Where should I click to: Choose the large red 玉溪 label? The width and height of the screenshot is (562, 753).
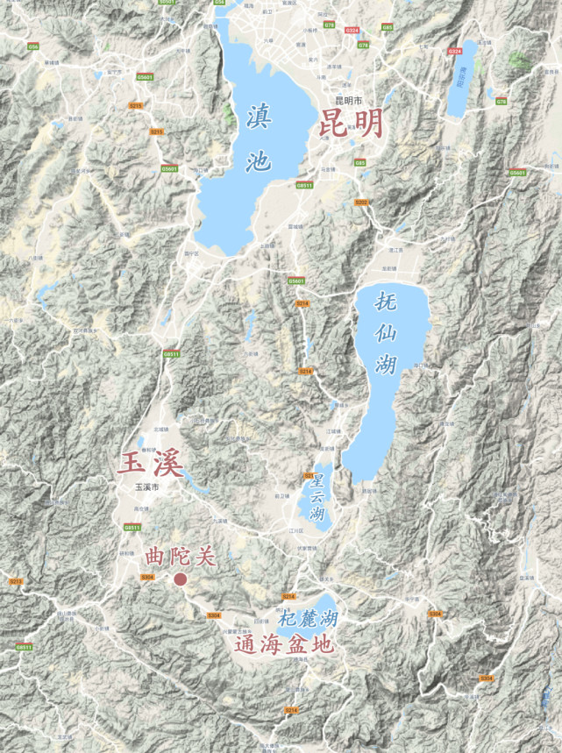(151, 462)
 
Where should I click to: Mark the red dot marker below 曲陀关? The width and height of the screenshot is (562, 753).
(181, 579)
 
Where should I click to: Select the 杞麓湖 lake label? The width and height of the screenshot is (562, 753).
(309, 619)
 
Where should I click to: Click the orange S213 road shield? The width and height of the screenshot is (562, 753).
(16, 581)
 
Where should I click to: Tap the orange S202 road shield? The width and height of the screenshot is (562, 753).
(361, 202)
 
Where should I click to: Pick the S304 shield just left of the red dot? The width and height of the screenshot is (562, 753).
(147, 577)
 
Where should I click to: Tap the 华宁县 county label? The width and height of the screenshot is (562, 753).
(414, 599)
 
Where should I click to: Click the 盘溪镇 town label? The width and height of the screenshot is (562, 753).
(526, 579)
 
